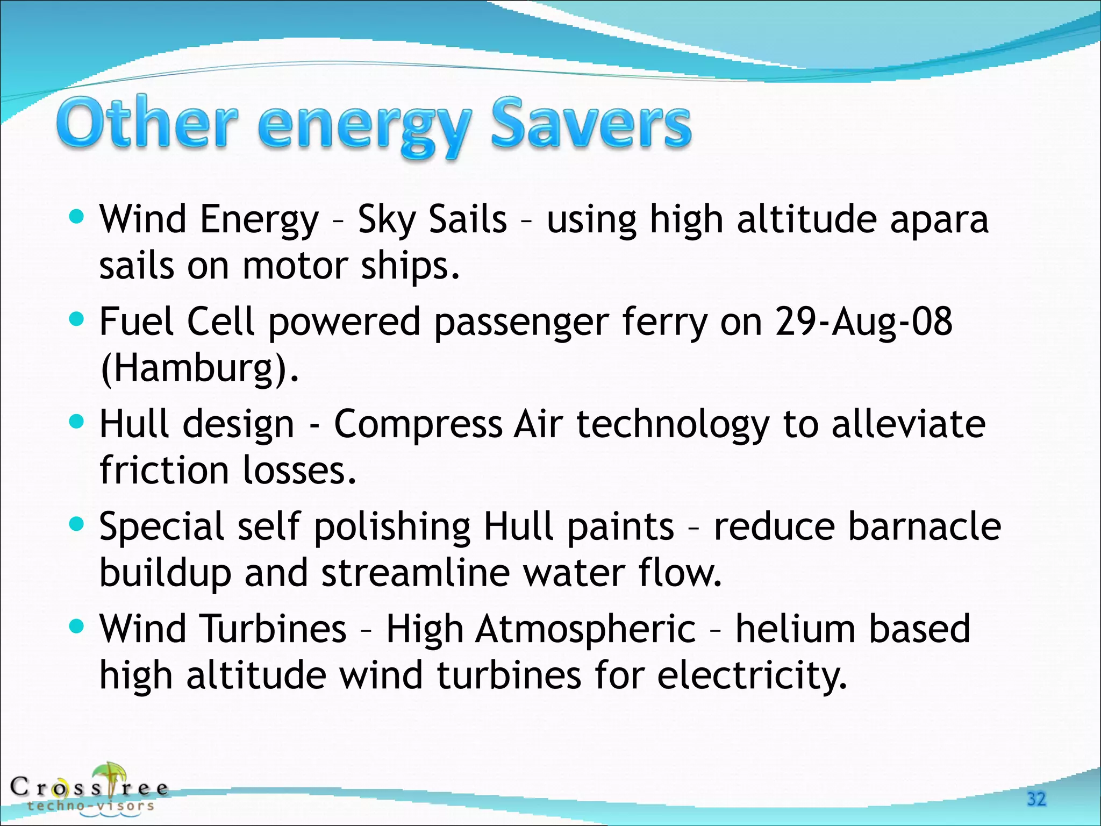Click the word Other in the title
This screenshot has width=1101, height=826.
(x=146, y=123)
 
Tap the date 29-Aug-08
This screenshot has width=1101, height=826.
(x=863, y=322)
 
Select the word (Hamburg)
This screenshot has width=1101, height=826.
(x=199, y=368)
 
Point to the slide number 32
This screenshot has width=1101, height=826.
(x=1036, y=799)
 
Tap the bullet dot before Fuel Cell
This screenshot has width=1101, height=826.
(x=77, y=319)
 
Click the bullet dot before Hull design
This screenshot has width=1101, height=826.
(x=77, y=422)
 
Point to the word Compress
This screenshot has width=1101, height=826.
(x=418, y=425)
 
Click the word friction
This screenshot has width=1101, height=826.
(x=163, y=470)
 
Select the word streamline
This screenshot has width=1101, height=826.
(x=415, y=573)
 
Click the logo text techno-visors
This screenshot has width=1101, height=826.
(x=91, y=806)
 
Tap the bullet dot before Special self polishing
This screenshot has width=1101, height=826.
(x=77, y=523)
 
